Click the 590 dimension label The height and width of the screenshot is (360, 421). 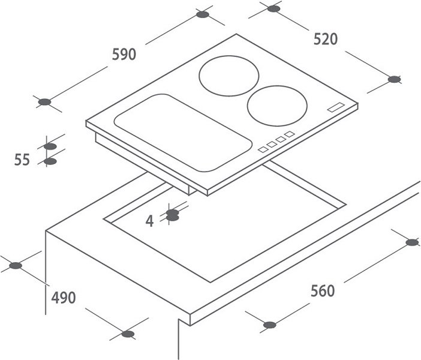click(x=124, y=54)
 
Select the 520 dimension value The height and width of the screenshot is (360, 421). click(x=326, y=39)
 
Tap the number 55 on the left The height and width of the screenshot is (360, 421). click(x=22, y=160)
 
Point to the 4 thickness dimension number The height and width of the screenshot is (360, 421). click(x=149, y=221)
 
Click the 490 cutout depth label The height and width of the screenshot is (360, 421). click(x=64, y=298)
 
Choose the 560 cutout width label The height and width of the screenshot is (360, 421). click(x=323, y=290)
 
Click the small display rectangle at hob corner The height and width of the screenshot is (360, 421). click(x=336, y=107)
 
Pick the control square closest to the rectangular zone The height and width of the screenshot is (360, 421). click(x=263, y=149)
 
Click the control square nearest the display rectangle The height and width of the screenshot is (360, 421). click(x=290, y=134)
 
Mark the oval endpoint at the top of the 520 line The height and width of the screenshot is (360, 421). click(x=273, y=8)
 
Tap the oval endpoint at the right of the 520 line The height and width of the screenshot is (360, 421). click(x=394, y=79)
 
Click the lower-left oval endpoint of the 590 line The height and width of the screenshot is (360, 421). click(x=44, y=102)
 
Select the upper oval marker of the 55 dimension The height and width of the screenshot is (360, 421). click(x=50, y=146)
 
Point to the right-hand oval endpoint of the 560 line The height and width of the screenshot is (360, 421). click(x=412, y=242)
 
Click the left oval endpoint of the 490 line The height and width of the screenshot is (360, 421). click(x=16, y=266)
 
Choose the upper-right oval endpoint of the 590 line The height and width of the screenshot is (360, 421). click(x=203, y=14)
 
